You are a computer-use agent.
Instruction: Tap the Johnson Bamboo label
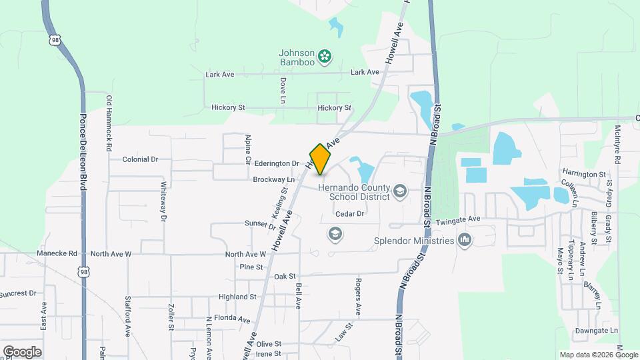[x=297, y=57]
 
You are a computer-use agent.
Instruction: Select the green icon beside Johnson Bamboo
[x=325, y=57]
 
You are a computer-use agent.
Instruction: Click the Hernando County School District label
[x=353, y=192]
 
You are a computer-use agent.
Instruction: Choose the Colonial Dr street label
[x=140, y=159]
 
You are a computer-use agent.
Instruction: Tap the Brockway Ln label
[x=273, y=179]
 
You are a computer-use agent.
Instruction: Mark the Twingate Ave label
[x=458, y=219]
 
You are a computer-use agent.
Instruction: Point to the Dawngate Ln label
[x=596, y=330]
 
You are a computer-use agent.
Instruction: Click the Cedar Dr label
[x=350, y=214]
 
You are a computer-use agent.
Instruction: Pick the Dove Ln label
[x=283, y=90]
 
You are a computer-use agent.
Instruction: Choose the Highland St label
[x=237, y=297]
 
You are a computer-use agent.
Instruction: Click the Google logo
[x=22, y=351]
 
